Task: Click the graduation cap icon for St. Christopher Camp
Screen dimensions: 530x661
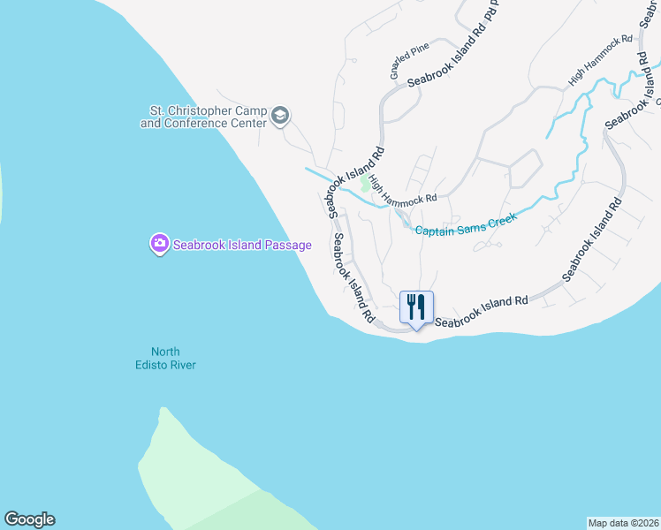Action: pyautogui.click(x=280, y=117)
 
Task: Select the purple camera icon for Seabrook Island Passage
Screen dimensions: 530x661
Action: pyautogui.click(x=159, y=244)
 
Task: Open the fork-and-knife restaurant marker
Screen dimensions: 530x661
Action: pyautogui.click(x=417, y=308)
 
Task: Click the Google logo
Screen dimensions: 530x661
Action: pyautogui.click(x=29, y=519)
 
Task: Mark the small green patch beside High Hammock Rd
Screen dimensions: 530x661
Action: pyautogui.click(x=365, y=185)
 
